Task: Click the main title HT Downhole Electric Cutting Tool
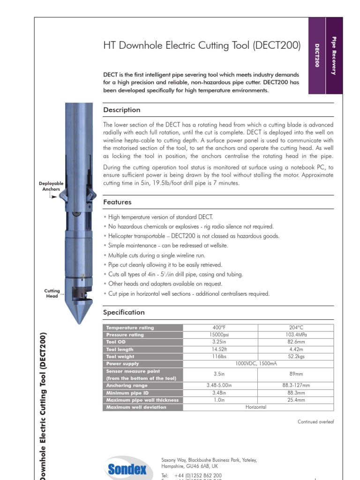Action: (202, 45)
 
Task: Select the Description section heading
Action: (121, 110)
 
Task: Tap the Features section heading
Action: (117, 202)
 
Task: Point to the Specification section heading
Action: (124, 313)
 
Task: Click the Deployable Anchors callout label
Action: (51, 186)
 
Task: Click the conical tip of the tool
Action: (78, 314)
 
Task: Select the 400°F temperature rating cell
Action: (220, 328)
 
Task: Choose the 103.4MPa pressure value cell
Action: (296, 335)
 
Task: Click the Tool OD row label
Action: (116, 342)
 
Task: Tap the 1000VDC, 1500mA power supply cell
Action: (258, 364)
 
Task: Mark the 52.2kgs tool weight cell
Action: (296, 357)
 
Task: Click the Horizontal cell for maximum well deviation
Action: (255, 407)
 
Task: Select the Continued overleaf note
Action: (315, 422)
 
